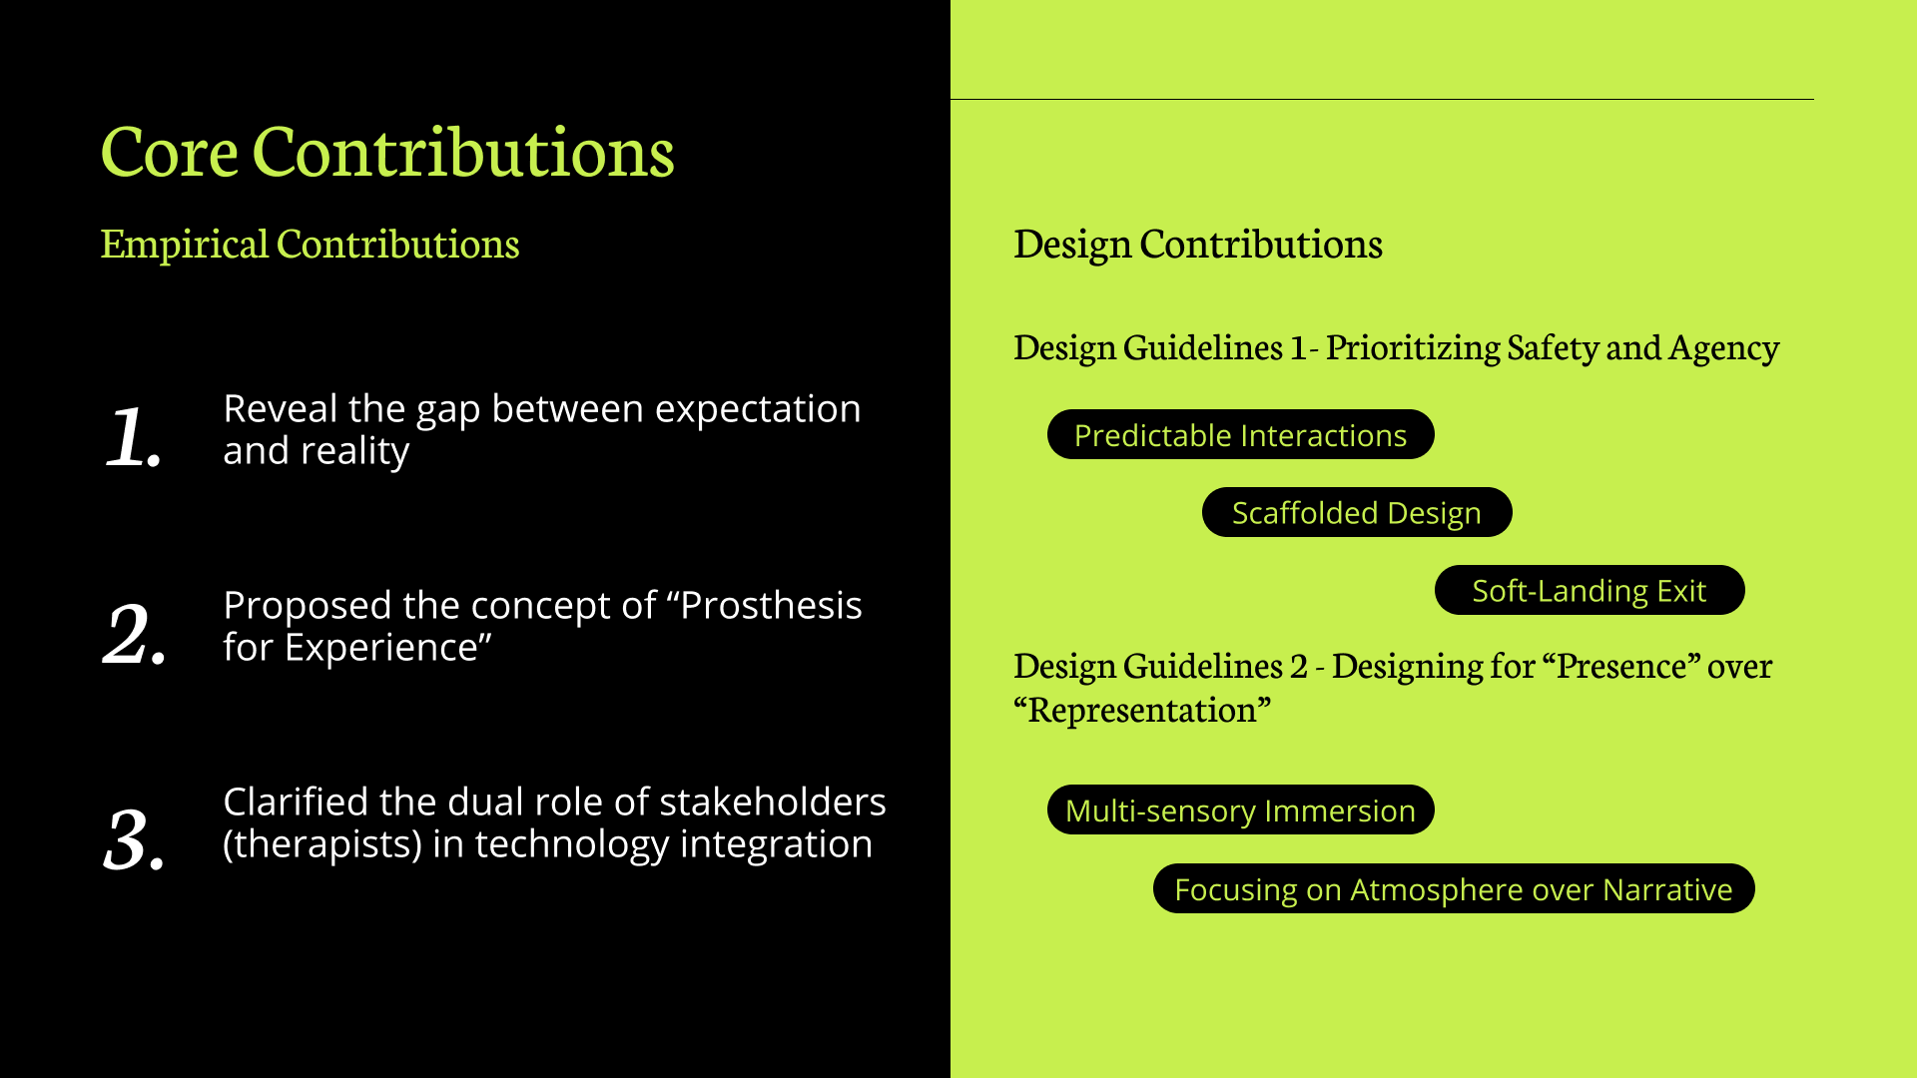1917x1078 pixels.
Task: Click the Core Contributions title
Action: (387, 152)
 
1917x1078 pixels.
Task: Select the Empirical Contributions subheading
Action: (310, 245)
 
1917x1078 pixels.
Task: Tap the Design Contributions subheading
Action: (1198, 245)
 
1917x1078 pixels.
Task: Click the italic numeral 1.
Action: (134, 436)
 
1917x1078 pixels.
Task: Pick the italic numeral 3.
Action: (135, 838)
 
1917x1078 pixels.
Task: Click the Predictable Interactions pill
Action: (1240, 434)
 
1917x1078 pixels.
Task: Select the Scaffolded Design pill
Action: (1357, 512)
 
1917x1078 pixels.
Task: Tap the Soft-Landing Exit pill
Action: (1590, 590)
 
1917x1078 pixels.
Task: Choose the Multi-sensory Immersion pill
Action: (1240, 809)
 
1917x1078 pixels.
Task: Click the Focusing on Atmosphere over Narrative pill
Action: (1454, 888)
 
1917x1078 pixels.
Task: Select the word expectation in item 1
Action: (758, 410)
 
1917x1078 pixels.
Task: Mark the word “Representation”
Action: (1142, 711)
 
